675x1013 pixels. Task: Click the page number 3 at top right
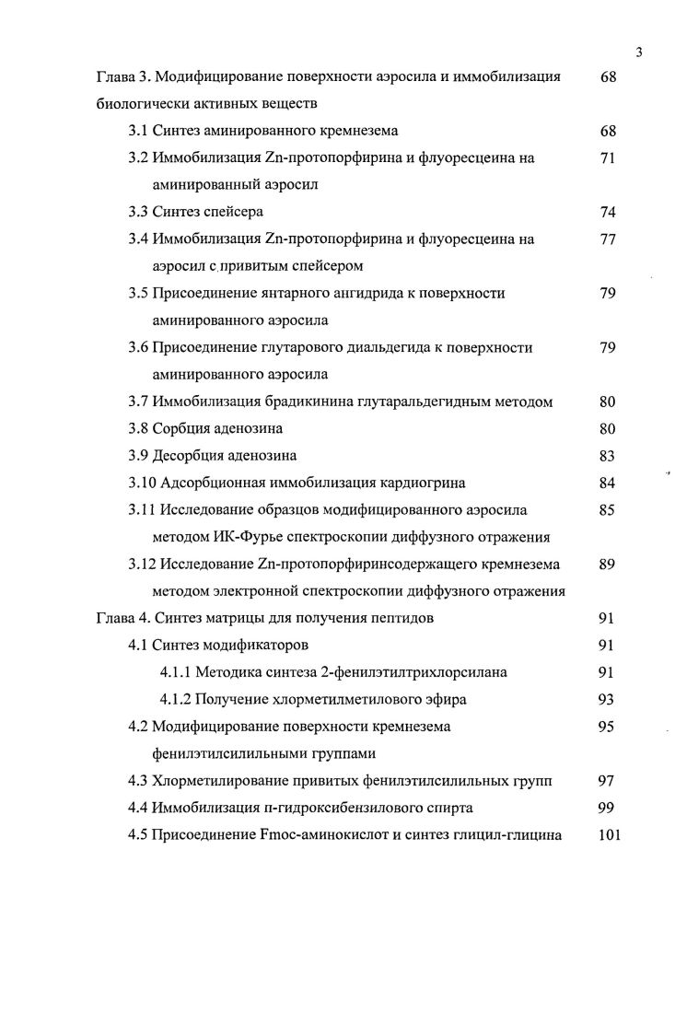pos(638,52)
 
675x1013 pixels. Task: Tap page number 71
pos(607,158)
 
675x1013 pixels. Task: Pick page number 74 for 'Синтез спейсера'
pos(607,213)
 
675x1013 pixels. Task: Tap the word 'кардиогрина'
pos(423,483)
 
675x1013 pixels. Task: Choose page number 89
pos(607,564)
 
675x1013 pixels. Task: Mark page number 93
pos(607,699)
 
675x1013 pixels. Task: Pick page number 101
pos(610,835)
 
